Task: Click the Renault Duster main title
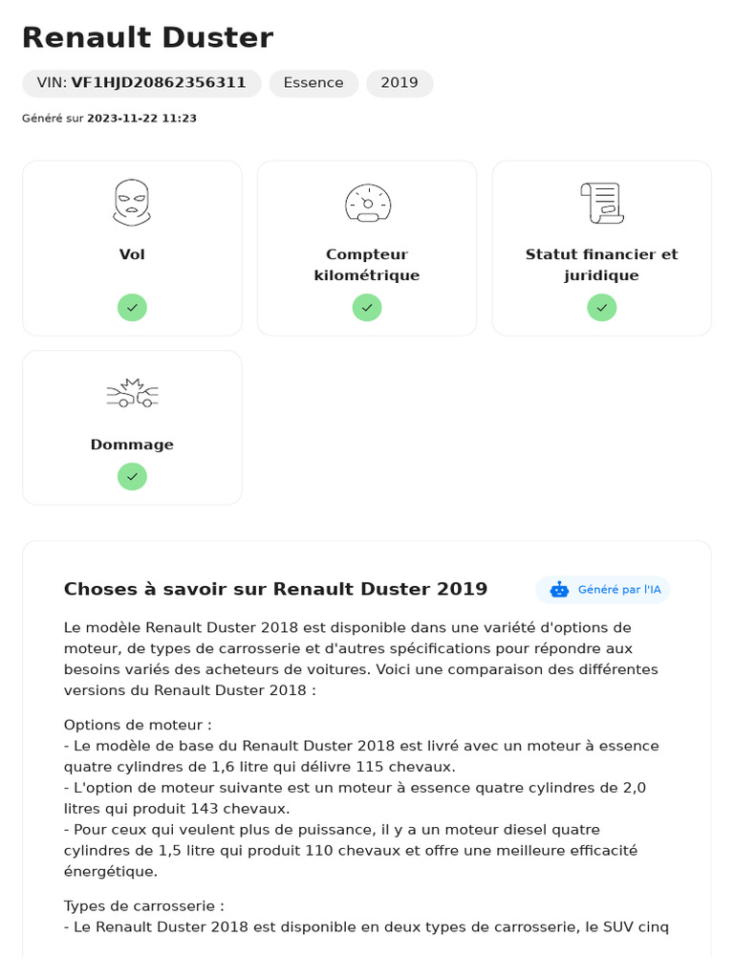pos(147,38)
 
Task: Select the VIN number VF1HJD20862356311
pos(159,83)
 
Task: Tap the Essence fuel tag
pos(313,83)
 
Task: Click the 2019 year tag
pos(399,83)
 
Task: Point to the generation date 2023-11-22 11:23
pos(141,119)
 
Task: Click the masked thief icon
pos(132,203)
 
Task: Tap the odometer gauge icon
pos(367,203)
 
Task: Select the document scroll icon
pos(602,203)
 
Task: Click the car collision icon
pos(132,393)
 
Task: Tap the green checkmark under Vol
pos(132,307)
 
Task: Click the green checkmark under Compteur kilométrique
pos(367,307)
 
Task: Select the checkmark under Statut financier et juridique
pos(602,307)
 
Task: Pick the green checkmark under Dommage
pos(132,476)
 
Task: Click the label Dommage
pos(132,445)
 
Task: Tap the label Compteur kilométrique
pos(367,265)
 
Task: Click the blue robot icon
pos(559,590)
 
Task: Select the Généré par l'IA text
pos(619,590)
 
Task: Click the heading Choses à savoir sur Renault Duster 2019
pos(275,589)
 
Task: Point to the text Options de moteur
pos(138,725)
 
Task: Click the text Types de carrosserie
pos(144,905)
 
